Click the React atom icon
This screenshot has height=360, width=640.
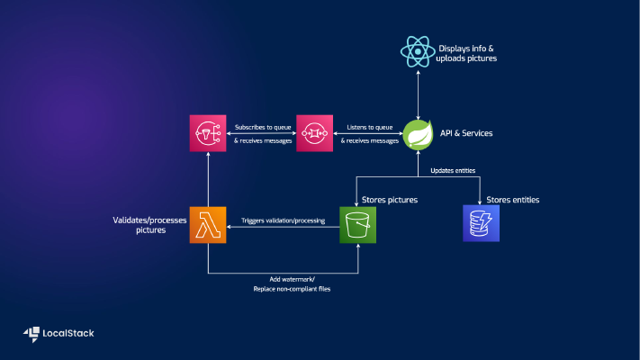418,51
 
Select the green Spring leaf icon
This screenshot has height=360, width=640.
418,133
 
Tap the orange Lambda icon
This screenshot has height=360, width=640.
208,224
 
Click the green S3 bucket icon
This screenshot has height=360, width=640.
357,224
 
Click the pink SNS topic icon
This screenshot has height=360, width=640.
208,133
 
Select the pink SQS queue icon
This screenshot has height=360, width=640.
314,133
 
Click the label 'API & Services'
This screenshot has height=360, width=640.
466,133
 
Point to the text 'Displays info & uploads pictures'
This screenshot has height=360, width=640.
467,52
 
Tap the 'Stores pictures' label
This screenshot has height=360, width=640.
389,199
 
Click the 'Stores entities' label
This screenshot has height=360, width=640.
512,199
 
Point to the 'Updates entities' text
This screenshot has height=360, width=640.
454,170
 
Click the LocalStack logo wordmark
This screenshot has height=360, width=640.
68,333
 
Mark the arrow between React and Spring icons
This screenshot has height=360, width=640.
418,93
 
